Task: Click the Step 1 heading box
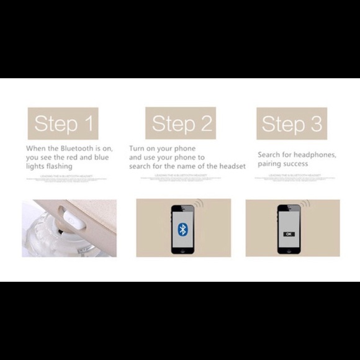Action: click(63, 124)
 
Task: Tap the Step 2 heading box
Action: click(181, 124)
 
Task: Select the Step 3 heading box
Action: click(292, 124)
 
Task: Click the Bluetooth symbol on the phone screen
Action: click(182, 230)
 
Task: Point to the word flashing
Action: click(59, 166)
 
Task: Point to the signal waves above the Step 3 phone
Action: click(305, 204)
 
